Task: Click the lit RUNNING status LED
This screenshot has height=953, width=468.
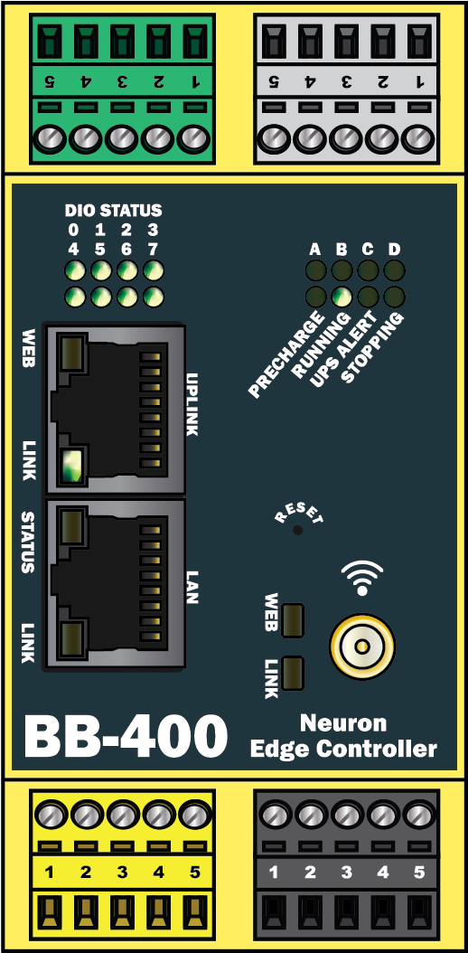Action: [x=342, y=297]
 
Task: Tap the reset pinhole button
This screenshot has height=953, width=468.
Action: [x=297, y=530]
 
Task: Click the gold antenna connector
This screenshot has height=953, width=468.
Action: [x=361, y=646]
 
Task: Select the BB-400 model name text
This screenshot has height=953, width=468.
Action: [x=125, y=737]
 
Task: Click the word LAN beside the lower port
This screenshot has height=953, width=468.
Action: [x=192, y=587]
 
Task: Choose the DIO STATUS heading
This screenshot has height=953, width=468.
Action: [x=114, y=211]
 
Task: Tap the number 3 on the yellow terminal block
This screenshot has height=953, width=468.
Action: [x=122, y=873]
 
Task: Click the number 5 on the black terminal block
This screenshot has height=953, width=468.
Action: [x=419, y=873]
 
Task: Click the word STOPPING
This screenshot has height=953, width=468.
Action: [x=371, y=348]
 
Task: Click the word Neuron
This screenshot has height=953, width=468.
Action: [x=343, y=723]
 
